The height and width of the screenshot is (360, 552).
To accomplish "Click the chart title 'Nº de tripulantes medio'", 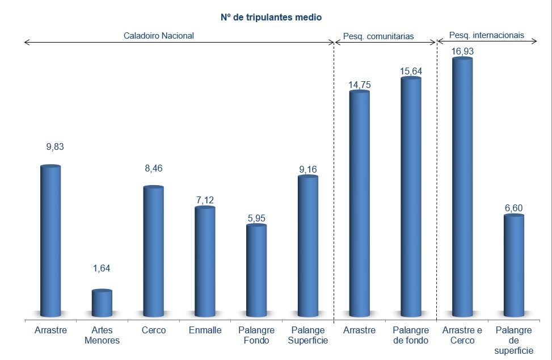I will (x=271, y=18).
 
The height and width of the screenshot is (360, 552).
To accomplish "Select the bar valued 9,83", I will (x=51, y=241).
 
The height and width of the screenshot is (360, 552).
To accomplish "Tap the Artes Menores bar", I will (x=102, y=303).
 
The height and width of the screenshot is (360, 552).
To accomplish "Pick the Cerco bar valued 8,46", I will (x=153, y=251).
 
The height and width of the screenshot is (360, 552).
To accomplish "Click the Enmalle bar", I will (x=205, y=261).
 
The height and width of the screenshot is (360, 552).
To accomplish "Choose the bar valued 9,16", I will (x=308, y=246).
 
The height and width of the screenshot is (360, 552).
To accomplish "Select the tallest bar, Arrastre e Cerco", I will (x=462, y=187).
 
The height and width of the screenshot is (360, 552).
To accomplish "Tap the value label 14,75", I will (x=359, y=85).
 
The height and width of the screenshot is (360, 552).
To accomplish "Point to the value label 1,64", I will (x=102, y=269).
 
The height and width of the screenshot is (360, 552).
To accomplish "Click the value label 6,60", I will (x=513, y=208).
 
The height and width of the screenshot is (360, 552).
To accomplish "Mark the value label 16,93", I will (x=462, y=52).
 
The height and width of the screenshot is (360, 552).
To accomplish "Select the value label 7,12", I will (x=205, y=200).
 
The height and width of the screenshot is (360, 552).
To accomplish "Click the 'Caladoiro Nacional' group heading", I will (x=159, y=35).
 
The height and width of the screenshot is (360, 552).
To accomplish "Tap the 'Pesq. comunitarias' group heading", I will (x=378, y=36).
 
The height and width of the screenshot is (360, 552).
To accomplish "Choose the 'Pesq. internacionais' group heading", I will (x=486, y=35).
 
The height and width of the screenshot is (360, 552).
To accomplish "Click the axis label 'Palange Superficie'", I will (x=308, y=335).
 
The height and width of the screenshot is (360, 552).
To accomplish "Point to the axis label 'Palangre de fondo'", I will (x=411, y=335).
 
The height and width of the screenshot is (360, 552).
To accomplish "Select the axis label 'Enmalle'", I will (x=205, y=330).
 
